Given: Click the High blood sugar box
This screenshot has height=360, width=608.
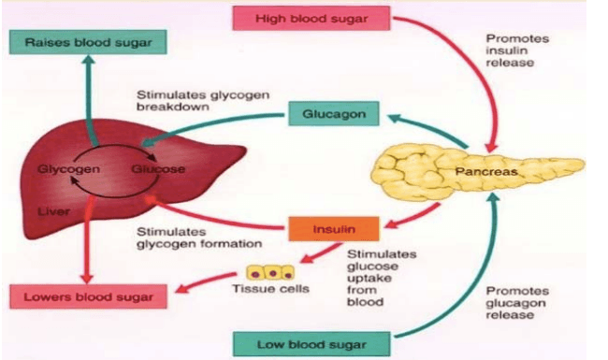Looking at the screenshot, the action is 311,18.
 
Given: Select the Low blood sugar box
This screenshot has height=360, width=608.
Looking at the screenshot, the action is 311,344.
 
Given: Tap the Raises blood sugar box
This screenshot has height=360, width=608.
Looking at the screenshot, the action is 88,42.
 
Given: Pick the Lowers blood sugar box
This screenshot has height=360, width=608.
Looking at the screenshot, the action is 89,296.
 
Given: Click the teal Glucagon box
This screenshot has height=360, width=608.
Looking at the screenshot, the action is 334,114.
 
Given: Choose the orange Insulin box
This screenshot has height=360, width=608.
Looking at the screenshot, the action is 334,229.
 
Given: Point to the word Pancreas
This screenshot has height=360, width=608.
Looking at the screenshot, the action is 486,172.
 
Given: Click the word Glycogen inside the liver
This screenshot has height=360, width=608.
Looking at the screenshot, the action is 68,169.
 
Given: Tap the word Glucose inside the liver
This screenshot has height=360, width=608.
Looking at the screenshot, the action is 158,169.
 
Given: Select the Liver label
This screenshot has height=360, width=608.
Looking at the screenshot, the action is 54,211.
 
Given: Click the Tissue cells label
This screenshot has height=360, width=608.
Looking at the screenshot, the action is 270,289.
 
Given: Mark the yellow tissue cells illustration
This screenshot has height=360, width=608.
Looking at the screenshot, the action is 270,273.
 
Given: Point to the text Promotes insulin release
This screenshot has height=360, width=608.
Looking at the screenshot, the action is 517,50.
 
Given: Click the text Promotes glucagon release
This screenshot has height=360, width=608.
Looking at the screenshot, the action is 517,303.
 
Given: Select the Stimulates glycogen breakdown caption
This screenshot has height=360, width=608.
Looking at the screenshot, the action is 203,101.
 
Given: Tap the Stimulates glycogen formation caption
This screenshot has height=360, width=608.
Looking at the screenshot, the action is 199,238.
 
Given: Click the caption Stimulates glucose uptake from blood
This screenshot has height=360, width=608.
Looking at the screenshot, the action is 382,279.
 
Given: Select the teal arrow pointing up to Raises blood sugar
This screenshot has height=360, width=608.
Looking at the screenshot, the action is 90,101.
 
